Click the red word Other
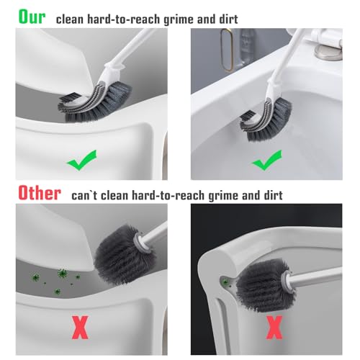(36, 192)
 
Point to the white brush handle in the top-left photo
(130, 47)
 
